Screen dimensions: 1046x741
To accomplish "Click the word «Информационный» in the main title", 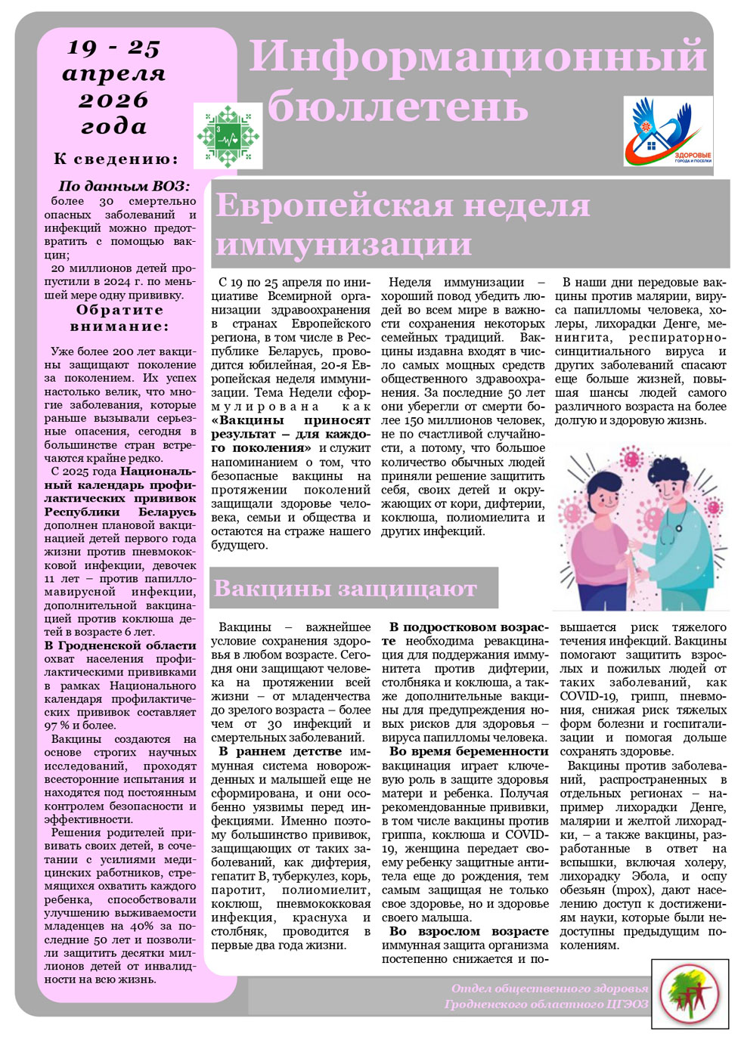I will tap(478, 56).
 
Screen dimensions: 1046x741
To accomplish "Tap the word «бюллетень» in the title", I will tap(398, 105).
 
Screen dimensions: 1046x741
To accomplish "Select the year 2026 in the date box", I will tap(113, 101).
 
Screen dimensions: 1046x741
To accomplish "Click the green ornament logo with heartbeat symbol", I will tap(228, 137).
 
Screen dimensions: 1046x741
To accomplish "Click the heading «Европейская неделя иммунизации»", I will tap(402, 224).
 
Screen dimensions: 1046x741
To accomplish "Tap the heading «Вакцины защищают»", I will tap(345, 588).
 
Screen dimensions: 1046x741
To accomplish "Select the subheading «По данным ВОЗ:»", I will tap(124, 186).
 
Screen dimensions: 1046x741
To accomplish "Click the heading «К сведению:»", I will tap(116, 159).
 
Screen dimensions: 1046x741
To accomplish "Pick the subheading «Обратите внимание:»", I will tap(119, 318).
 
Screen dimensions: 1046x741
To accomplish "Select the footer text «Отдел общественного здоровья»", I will tap(550, 989).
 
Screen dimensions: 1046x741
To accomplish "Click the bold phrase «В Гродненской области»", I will tap(119, 645).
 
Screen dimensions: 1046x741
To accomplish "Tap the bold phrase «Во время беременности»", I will tap(469, 751).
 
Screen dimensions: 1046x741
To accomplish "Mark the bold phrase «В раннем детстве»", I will tap(281, 751).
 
